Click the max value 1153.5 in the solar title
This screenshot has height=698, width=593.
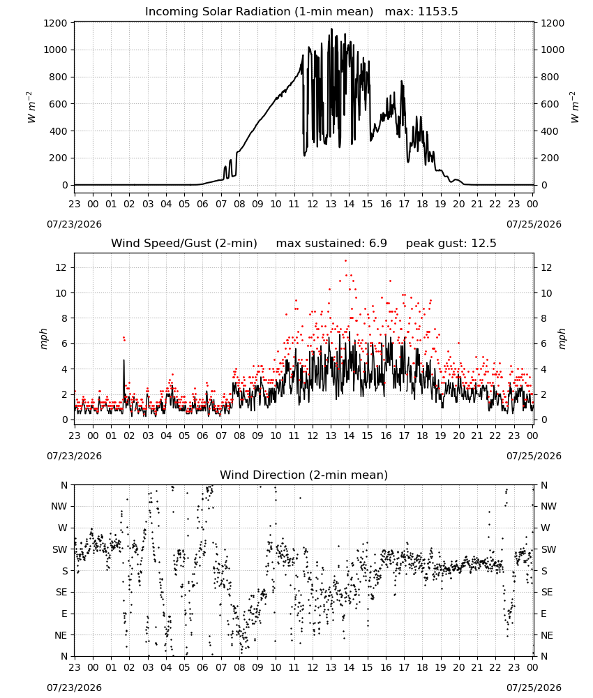tap(437, 11)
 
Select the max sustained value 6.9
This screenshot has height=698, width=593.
tap(377, 243)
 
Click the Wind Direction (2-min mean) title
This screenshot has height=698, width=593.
tap(304, 475)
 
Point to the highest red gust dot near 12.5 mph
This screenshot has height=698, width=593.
tap(345, 261)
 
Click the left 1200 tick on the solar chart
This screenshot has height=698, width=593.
tap(56, 23)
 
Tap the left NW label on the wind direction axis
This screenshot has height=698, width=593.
tap(59, 507)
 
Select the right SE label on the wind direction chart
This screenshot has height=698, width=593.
tap(547, 592)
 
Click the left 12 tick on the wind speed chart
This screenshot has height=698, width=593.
tap(62, 267)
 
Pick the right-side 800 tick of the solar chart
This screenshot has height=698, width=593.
tap(550, 77)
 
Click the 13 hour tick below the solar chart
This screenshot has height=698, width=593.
tap(331, 204)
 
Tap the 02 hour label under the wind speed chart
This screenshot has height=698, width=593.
tap(129, 436)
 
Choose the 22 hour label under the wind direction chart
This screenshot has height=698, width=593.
tap(495, 667)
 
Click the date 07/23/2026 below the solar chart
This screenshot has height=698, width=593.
tap(74, 224)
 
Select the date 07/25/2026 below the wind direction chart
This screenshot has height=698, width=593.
tap(534, 688)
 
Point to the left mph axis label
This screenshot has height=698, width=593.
tap(43, 339)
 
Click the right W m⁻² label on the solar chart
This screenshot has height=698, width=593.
tap(574, 107)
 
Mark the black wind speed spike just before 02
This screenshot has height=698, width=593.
tap(123, 361)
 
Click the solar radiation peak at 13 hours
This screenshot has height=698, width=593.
tap(331, 29)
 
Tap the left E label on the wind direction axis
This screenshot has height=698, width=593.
tap(64, 614)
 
